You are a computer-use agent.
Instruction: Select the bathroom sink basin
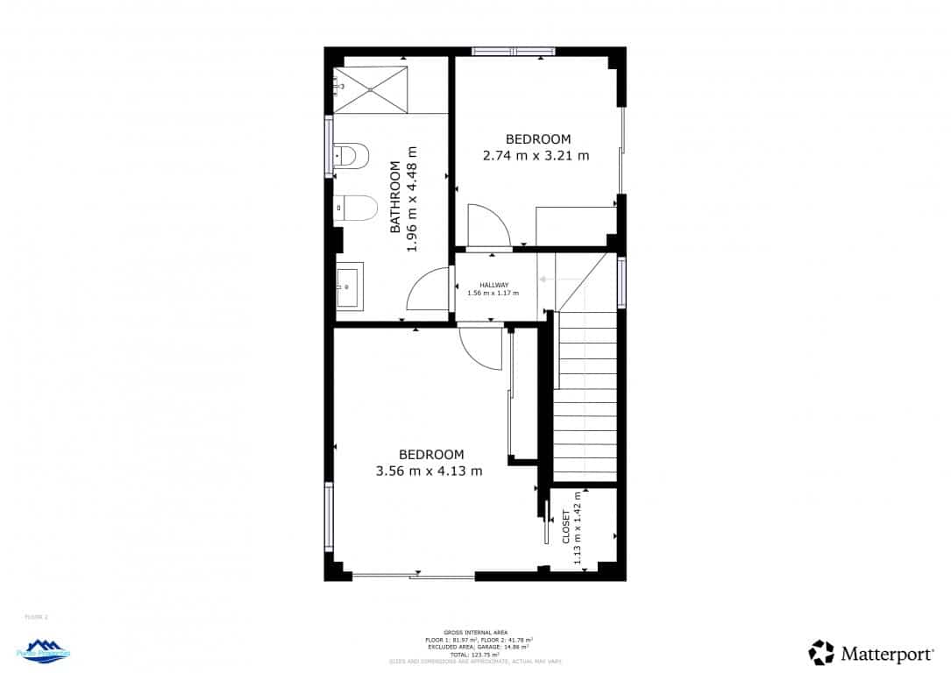(350, 286)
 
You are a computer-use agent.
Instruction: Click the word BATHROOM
(395, 197)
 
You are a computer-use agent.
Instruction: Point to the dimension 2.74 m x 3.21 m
(536, 156)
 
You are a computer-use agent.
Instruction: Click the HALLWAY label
(493, 285)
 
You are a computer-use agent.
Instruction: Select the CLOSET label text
(566, 528)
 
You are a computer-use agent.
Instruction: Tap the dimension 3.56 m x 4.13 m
(429, 471)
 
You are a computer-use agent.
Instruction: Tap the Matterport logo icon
(821, 652)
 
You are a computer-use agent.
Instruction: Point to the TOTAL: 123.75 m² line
(475, 655)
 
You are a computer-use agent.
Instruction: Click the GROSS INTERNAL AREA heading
(475, 632)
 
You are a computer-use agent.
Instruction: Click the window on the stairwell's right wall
(621, 281)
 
